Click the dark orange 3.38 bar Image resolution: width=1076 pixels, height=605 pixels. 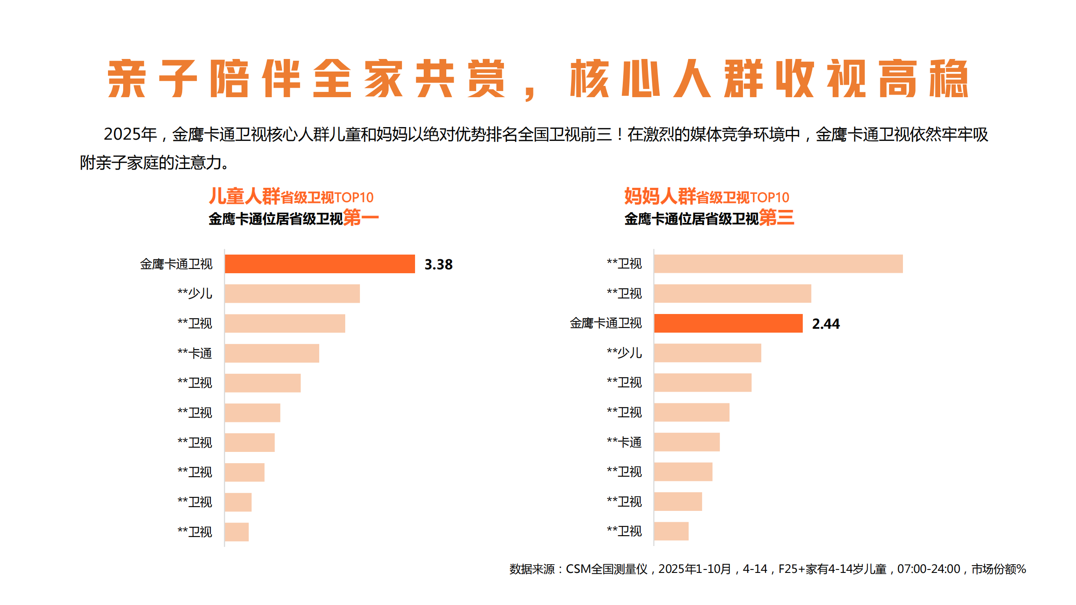[x=320, y=264]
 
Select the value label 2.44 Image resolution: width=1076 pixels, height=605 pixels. [x=825, y=324]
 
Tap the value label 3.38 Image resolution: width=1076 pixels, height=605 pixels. [x=438, y=264]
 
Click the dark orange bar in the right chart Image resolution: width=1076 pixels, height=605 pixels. [x=728, y=324]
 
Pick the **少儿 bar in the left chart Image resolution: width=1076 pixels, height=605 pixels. [x=292, y=294]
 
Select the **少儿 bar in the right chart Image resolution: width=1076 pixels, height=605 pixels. [x=707, y=353]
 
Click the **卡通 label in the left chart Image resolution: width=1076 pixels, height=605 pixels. [x=195, y=353]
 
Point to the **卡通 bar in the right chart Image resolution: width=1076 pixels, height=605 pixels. [x=687, y=442]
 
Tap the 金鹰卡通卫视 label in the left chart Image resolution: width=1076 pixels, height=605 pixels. [x=176, y=264]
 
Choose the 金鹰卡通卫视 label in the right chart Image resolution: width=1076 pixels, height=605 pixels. [x=605, y=323]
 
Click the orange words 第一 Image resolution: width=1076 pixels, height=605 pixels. [x=360, y=217]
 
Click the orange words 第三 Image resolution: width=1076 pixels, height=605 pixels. [x=776, y=217]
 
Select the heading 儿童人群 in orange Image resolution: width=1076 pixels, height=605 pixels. [x=244, y=196]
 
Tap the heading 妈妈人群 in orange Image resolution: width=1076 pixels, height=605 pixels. [x=660, y=196]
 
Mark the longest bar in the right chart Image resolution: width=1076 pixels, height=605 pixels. [x=778, y=264]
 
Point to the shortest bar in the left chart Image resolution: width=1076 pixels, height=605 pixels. [x=237, y=532]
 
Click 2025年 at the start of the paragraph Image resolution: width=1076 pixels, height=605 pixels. [x=130, y=134]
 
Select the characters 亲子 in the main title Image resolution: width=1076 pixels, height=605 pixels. [x=152, y=78]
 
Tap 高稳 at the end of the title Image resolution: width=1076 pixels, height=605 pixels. [x=923, y=78]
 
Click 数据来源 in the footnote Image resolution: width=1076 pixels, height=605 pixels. [x=532, y=569]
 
